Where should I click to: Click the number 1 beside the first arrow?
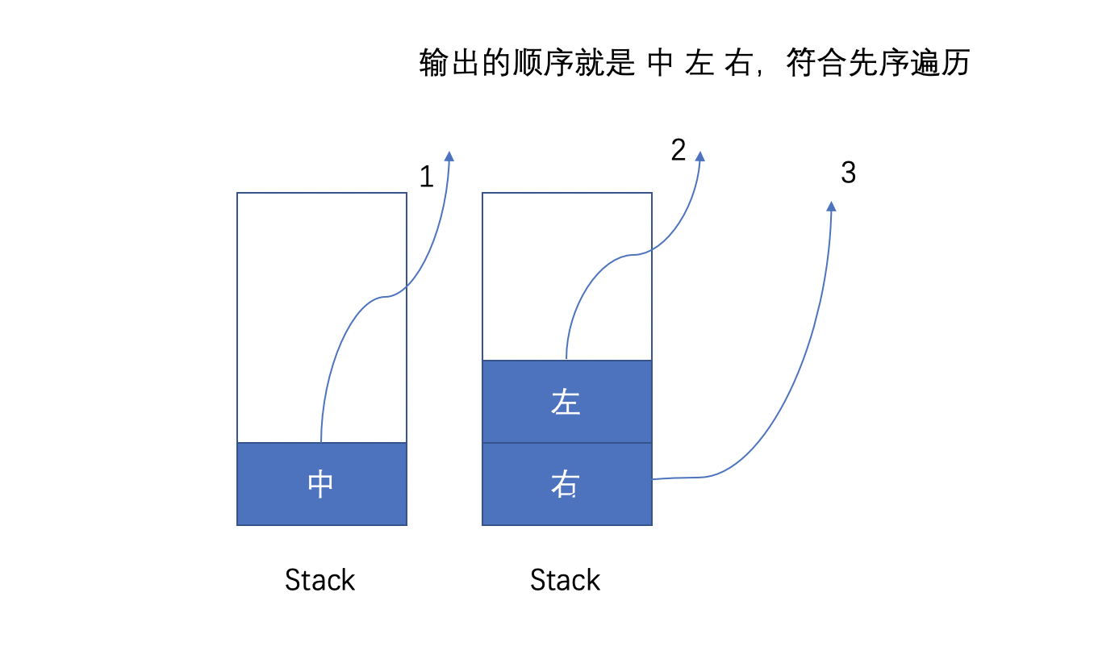tap(426, 177)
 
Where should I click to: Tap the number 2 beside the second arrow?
tap(678, 150)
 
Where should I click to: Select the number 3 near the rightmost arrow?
tap(848, 173)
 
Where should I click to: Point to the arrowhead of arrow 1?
tap(449, 157)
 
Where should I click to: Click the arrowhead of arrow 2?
tap(699, 157)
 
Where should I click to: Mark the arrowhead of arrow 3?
tap(831, 207)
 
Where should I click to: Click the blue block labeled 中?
tap(321, 484)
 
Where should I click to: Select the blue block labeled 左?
tap(566, 402)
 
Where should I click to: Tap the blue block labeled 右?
tap(566, 484)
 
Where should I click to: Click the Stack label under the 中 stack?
tap(320, 580)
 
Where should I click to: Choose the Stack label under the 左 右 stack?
tap(566, 580)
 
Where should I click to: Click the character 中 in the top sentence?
tap(660, 64)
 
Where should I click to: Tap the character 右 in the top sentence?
tap(737, 64)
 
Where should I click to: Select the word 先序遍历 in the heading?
tap(908, 64)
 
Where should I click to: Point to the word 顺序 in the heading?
tap(528, 64)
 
